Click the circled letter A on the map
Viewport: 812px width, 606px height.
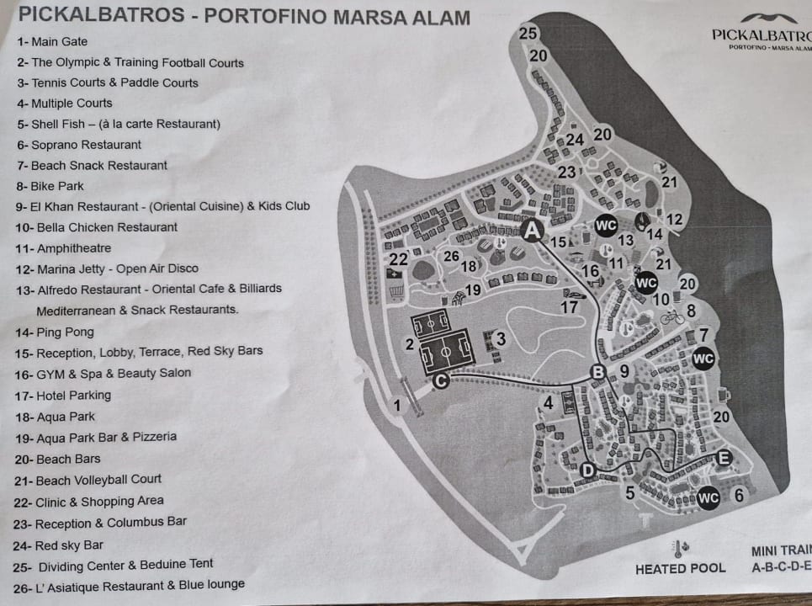click(x=533, y=228)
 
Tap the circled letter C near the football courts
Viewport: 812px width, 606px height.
click(x=440, y=381)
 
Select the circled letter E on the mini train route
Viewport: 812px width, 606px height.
click(x=724, y=457)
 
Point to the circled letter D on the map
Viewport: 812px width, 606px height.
click(x=588, y=470)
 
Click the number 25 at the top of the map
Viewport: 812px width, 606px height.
click(x=528, y=34)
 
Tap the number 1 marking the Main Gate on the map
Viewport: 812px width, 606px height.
click(x=397, y=405)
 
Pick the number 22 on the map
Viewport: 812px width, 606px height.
click(x=398, y=259)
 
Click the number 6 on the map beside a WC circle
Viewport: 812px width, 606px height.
click(x=739, y=495)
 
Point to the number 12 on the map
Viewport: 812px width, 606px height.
click(x=674, y=220)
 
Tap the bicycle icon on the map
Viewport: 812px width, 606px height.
click(x=670, y=317)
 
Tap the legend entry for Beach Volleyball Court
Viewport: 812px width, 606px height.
click(x=88, y=480)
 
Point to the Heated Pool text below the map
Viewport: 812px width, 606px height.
click(x=680, y=568)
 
